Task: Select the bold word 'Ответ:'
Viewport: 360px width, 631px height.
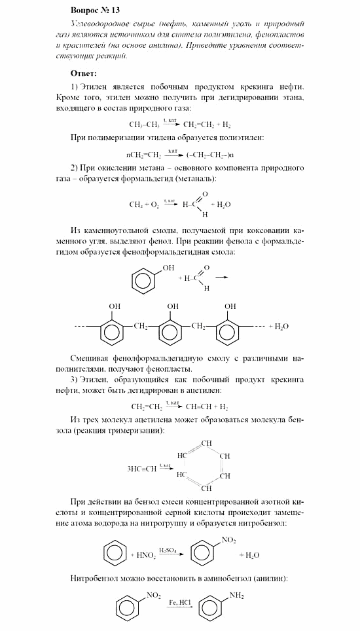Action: (x=83, y=73)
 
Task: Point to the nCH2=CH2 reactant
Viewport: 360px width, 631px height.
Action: (x=143, y=155)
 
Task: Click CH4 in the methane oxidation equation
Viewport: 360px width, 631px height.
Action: (x=135, y=204)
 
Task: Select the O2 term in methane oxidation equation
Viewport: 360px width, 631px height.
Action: (x=154, y=204)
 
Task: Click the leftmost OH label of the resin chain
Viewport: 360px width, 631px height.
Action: (x=115, y=306)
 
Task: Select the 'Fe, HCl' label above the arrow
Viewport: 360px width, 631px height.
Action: (x=176, y=602)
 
